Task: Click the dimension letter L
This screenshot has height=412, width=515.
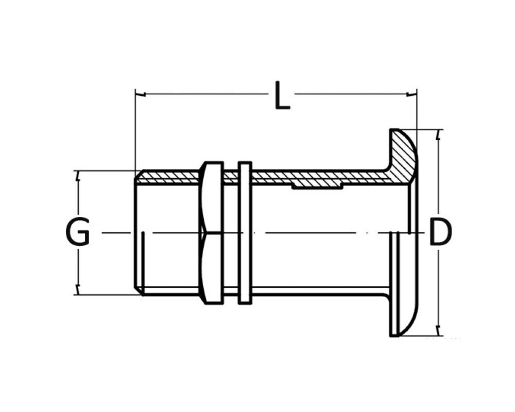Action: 282,95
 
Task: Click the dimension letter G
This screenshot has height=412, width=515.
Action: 77,232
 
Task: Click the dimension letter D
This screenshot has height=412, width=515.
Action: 441,232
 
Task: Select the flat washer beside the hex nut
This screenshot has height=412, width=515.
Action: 245,232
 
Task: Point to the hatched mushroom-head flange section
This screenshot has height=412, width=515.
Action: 402,154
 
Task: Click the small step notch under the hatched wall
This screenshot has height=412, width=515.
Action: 318,186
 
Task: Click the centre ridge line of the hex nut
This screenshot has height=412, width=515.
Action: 212,233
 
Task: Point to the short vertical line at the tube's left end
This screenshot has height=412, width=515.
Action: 143,260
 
